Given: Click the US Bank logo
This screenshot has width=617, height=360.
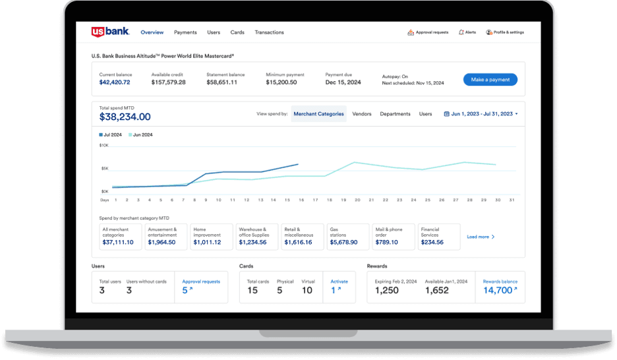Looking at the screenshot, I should (110, 32).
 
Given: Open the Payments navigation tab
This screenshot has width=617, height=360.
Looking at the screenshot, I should (185, 32).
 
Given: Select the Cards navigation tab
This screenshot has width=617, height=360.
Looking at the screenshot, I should (237, 32).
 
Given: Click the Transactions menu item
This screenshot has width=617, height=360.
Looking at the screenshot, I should (269, 32).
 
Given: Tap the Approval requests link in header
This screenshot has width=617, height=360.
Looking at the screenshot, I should (428, 32).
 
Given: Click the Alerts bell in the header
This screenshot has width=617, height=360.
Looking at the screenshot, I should (467, 32).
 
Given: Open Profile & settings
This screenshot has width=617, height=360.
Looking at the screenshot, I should (505, 32).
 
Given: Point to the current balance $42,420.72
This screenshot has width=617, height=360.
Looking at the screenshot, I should (115, 82).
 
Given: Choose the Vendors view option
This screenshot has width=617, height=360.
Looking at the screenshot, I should (362, 114).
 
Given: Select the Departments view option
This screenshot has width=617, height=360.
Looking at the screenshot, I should (395, 114).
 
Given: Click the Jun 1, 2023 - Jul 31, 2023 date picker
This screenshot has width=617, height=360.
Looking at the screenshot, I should (482, 114).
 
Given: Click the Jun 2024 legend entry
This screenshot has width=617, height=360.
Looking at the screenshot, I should (140, 135).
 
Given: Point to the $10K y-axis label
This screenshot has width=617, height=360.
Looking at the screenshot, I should (103, 145).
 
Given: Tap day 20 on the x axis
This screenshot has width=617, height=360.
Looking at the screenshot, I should (357, 199).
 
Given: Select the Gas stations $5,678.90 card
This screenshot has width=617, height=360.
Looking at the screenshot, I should (348, 237).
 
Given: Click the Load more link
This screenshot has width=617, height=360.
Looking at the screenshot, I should (481, 237).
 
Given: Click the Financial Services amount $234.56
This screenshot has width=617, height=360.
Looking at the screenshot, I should (432, 242).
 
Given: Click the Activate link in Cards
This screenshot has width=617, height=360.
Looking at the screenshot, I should (339, 287).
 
